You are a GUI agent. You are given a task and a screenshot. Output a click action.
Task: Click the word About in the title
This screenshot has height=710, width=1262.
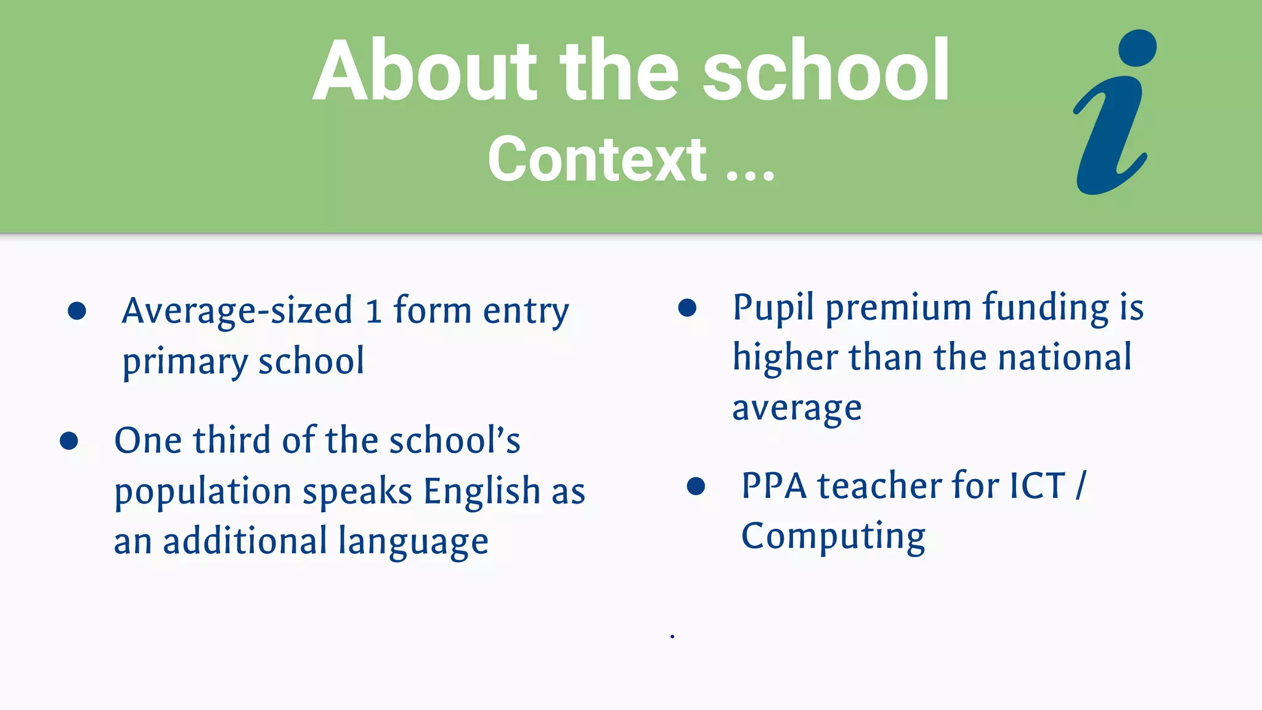[425, 71]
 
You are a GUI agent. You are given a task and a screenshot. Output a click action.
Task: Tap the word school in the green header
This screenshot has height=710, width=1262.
[826, 71]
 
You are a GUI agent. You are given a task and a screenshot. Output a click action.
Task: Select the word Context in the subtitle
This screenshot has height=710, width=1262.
[596, 160]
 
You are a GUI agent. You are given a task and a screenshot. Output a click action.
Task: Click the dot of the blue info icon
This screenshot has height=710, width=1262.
[1137, 48]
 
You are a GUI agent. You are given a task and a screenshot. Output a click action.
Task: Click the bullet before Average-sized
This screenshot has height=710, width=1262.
[77, 311]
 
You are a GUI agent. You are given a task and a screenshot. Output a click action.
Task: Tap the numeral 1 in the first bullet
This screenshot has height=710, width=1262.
[373, 312]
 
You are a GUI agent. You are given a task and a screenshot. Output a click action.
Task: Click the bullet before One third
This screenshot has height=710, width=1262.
[69, 441]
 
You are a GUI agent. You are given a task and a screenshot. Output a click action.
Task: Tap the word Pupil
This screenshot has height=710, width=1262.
[773, 308]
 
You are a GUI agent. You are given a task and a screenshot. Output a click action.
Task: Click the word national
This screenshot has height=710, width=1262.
[1064, 357]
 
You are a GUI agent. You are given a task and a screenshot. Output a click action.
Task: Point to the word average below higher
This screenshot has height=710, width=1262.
[797, 409]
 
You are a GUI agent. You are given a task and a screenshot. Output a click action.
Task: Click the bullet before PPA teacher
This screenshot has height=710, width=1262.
[696, 486]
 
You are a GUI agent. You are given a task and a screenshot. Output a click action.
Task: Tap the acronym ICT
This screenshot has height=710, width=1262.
[1037, 486]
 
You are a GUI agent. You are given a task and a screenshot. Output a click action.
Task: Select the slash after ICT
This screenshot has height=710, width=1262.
[1081, 486]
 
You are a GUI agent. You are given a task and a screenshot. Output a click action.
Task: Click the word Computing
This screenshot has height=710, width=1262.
[833, 537]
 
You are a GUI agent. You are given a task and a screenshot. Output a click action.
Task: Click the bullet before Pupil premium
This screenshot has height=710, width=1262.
[687, 308]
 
